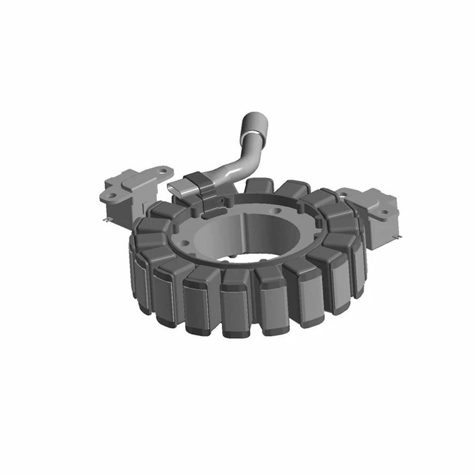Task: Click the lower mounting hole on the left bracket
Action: (112, 195)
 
